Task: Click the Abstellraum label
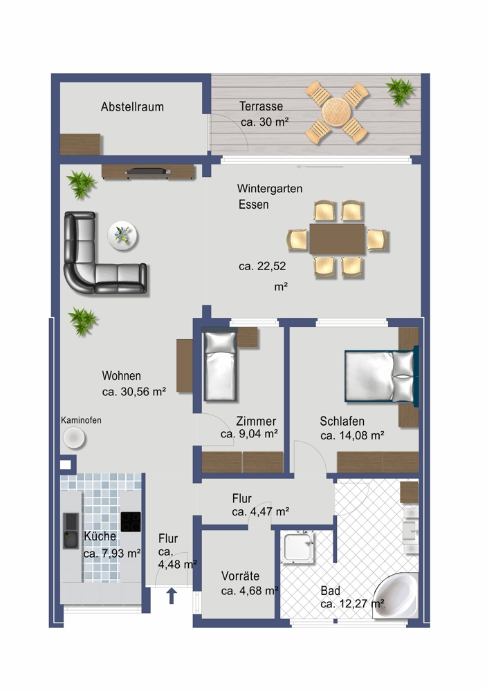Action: coord(132,106)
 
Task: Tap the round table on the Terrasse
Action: coord(336,112)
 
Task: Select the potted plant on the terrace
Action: coord(400,91)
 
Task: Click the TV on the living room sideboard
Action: coord(148,171)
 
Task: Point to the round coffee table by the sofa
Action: coord(122,236)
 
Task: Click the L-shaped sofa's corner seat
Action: coord(80,278)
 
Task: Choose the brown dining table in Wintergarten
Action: coord(337,239)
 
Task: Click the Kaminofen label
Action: coord(81,420)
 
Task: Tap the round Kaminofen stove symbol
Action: coord(73,438)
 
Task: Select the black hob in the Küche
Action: coord(131,522)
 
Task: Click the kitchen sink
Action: coord(71,531)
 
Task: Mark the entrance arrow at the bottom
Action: coord(172,596)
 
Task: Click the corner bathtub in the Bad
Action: coord(396,596)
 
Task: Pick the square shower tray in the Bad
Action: coord(297,548)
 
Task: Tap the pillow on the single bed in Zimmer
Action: coord(220,343)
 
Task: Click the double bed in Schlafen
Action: coord(381,376)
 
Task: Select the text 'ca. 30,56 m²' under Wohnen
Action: coord(134,391)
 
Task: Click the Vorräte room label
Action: coord(241,576)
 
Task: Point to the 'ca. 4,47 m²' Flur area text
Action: coord(261,511)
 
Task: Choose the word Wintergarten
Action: coord(270,189)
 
